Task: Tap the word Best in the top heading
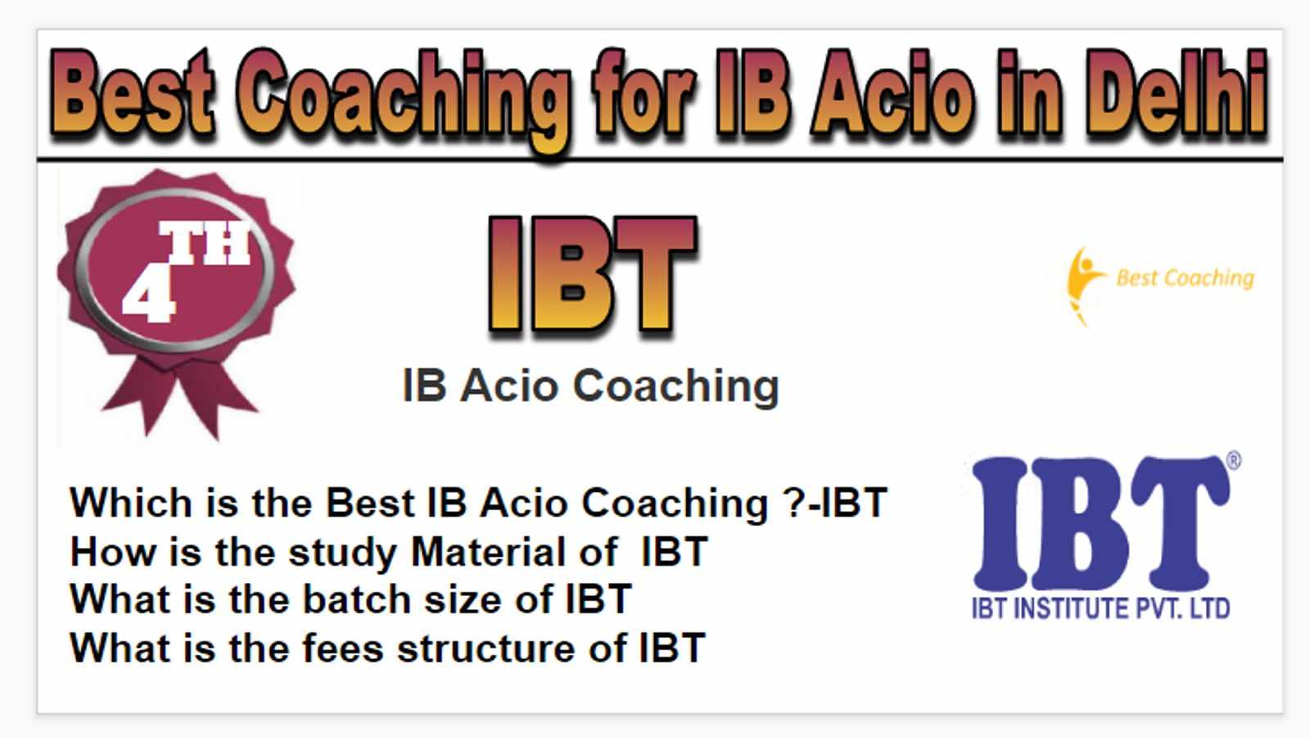tap(132, 93)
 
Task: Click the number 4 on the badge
tap(148, 295)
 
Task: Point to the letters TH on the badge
tap(205, 242)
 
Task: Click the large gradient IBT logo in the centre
tap(593, 276)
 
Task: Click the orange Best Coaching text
tap(1185, 278)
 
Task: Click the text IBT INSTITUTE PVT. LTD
tap(1100, 608)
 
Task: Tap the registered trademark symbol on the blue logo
tap(1233, 460)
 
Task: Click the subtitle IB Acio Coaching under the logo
tap(590, 386)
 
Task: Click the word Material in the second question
tap(514, 552)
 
